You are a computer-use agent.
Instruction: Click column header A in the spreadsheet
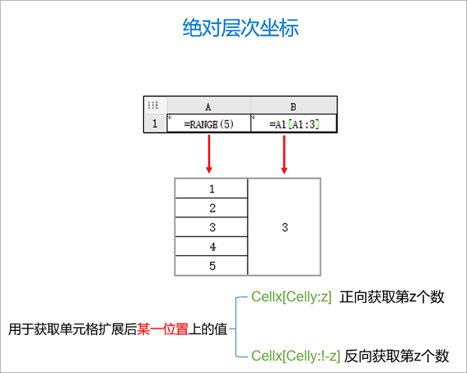pos(209,106)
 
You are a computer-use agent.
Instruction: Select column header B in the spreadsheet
pos(293,106)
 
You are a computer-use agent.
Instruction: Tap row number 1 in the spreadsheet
pos(155,124)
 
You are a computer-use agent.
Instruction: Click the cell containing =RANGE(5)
pos(209,124)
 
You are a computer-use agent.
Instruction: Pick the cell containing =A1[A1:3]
pos(293,124)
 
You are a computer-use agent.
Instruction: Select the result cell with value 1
pos(212,188)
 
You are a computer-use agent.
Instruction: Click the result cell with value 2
pos(212,208)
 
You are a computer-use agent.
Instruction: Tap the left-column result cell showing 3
pos(212,227)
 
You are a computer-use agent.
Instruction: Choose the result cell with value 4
pos(212,247)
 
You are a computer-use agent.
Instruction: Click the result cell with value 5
pos(212,266)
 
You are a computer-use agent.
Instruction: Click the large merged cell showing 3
pos(284,227)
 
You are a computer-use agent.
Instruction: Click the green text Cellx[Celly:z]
pos(292,297)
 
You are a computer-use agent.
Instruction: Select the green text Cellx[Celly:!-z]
pos(296,356)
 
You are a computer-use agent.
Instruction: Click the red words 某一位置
pos(163,328)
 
